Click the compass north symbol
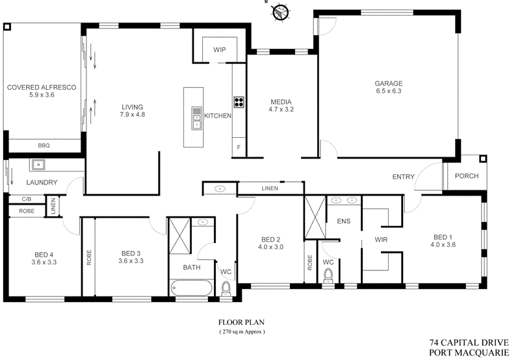[281, 12]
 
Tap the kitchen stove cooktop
[239, 102]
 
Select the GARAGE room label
[389, 84]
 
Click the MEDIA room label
[281, 102]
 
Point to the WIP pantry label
[220, 50]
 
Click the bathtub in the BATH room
[192, 288]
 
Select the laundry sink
[39, 164]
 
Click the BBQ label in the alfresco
[44, 146]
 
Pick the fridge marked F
[239, 147]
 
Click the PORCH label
[467, 176]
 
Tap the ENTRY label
[403, 177]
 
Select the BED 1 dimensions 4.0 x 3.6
[443, 245]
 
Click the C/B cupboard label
[27, 199]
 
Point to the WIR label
[381, 240]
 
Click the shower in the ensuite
[315, 217]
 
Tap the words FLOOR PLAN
[241, 322]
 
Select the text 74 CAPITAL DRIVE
[469, 342]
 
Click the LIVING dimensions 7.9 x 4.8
[133, 115]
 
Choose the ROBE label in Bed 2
[310, 263]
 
